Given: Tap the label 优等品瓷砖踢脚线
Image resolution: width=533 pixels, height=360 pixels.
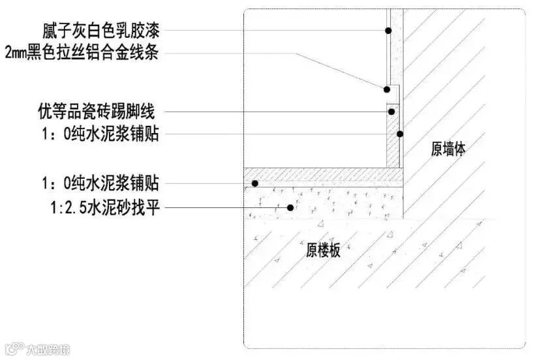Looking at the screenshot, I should click(x=95, y=112).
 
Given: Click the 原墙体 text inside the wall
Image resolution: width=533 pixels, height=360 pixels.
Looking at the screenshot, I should click(x=449, y=149).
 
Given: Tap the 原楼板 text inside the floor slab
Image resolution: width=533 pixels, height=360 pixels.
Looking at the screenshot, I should click(x=324, y=251).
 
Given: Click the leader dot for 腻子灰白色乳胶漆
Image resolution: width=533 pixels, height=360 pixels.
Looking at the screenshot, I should click(x=388, y=31).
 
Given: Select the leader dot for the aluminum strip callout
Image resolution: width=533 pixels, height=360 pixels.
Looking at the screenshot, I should click(x=386, y=89).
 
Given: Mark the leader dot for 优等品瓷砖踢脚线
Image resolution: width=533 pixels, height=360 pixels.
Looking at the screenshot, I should click(x=391, y=112).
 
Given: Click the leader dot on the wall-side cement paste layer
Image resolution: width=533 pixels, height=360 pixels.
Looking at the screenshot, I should click(x=400, y=134).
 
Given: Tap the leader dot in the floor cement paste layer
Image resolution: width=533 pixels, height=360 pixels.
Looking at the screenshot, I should click(x=256, y=183).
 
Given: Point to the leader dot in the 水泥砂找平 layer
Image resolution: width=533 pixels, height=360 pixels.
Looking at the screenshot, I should click(x=290, y=208).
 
